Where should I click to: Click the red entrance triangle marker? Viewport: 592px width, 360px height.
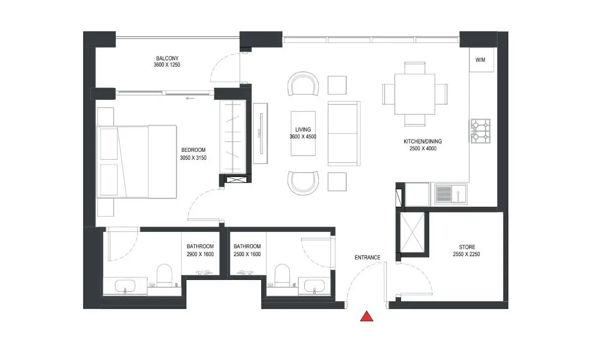(x=366, y=316)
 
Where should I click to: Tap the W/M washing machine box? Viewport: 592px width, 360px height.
(x=482, y=60)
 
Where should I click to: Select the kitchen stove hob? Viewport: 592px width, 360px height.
(x=480, y=131)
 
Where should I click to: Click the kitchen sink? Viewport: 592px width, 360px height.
(x=451, y=194)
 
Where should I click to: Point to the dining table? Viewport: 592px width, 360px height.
(x=414, y=94)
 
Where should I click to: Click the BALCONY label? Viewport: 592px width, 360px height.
(x=167, y=58)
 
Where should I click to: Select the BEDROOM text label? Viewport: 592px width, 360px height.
(x=193, y=150)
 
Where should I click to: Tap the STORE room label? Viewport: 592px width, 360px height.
(x=467, y=247)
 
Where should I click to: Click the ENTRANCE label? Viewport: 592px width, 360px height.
(x=367, y=257)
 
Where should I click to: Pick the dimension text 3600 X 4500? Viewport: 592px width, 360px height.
(x=303, y=136)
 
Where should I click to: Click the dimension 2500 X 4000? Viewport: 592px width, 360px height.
(x=423, y=149)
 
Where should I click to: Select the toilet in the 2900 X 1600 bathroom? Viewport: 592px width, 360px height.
(x=164, y=275)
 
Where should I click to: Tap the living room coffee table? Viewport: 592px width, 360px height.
(x=303, y=133)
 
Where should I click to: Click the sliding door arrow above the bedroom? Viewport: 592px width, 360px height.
(x=190, y=98)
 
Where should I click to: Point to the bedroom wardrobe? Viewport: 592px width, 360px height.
(x=233, y=137)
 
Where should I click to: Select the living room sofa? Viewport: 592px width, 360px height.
(x=344, y=133)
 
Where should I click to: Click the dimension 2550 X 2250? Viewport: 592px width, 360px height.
(x=467, y=254)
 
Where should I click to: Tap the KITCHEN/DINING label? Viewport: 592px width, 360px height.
(x=423, y=141)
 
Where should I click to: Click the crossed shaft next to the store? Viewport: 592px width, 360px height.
(x=412, y=232)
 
